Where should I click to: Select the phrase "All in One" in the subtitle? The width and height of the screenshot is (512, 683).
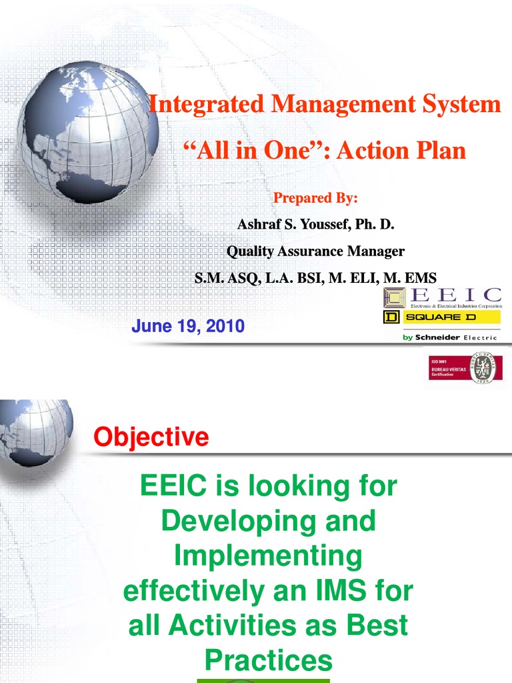click(x=254, y=150)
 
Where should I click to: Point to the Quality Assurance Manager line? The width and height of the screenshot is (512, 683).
click(x=315, y=251)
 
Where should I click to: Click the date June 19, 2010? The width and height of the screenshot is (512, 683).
click(x=188, y=327)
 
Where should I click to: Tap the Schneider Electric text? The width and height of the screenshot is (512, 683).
click(x=450, y=337)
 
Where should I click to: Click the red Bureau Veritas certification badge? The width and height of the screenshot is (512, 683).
click(x=449, y=368)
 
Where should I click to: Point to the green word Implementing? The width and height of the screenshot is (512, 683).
click(x=267, y=556)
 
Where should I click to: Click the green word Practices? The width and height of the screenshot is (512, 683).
click(x=268, y=661)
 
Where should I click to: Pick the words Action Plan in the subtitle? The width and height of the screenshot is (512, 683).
click(x=401, y=150)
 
